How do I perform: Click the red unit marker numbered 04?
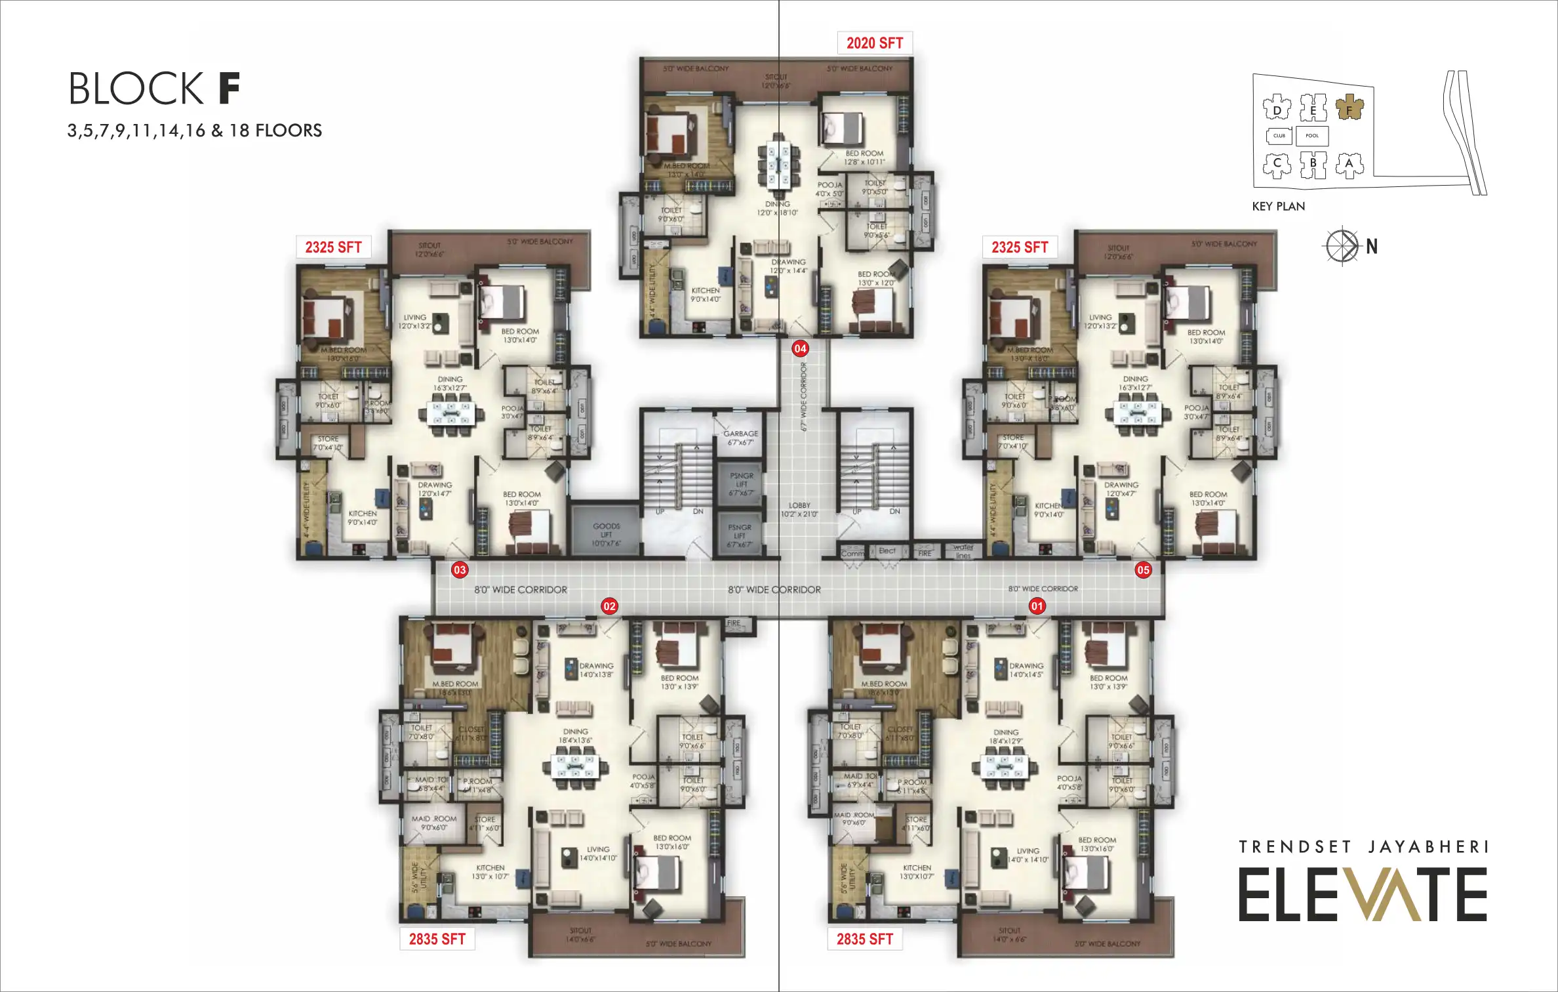click(800, 348)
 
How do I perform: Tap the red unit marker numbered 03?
click(460, 569)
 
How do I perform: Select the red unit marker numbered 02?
click(609, 606)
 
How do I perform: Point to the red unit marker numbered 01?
click(1037, 606)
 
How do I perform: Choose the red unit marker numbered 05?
click(1143, 569)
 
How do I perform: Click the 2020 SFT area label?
click(875, 43)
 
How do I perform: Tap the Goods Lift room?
click(606, 529)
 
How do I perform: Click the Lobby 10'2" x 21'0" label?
click(799, 510)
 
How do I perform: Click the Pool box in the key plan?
click(1311, 136)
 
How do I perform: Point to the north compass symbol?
click(1342, 246)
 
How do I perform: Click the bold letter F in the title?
click(229, 89)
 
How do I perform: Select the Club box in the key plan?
click(1279, 136)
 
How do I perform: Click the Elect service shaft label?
click(887, 551)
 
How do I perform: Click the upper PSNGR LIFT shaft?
click(741, 484)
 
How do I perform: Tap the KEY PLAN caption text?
click(1278, 206)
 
